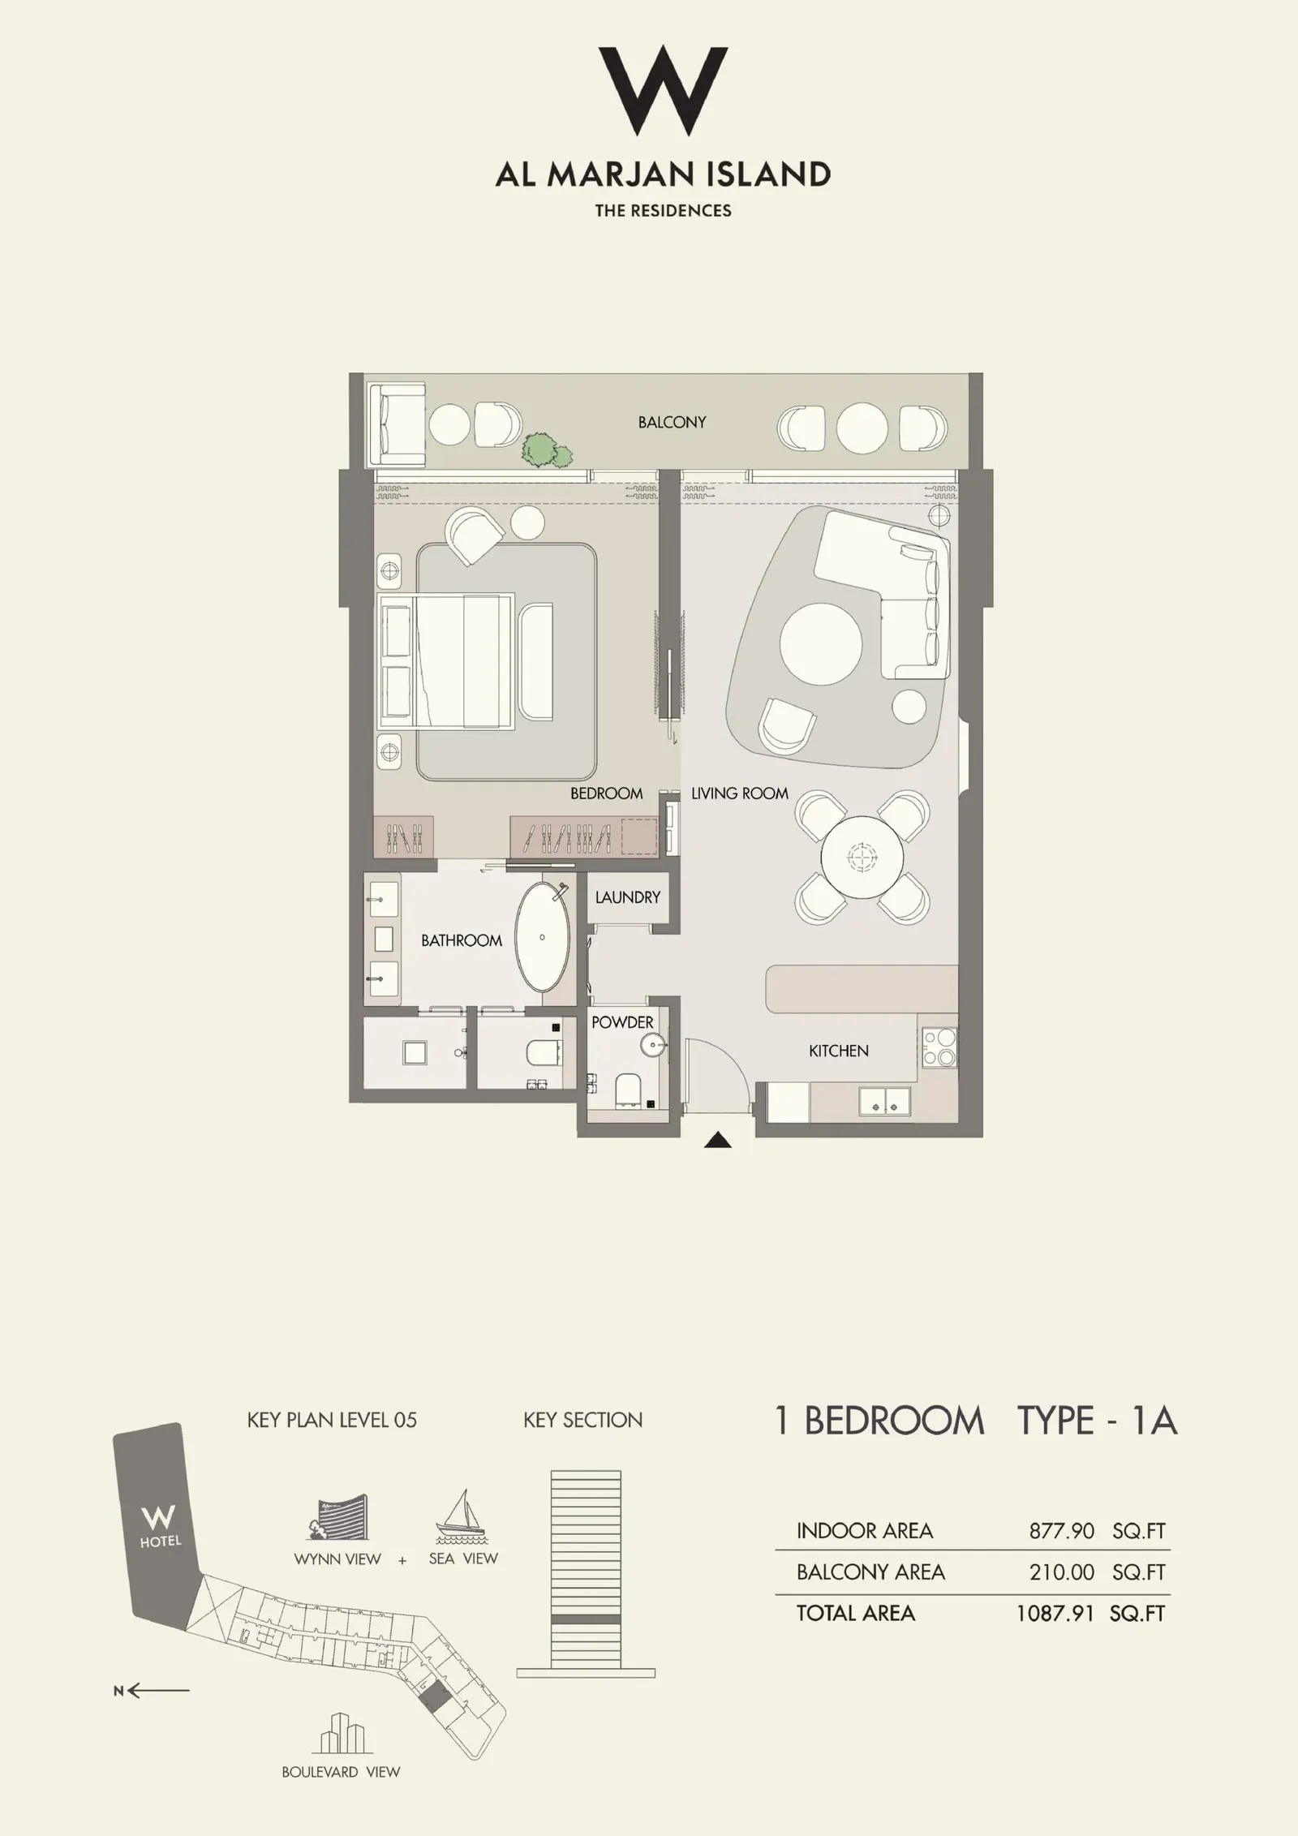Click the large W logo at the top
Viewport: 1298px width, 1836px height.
pos(663,91)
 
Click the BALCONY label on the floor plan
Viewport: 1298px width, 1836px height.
pos(671,422)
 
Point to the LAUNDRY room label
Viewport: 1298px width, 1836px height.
pos(627,897)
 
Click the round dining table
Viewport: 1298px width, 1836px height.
pos(862,854)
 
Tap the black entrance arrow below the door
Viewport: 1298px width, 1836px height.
pos(718,1142)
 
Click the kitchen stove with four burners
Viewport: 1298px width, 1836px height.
pos(939,1047)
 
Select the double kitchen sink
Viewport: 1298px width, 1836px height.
pos(883,1101)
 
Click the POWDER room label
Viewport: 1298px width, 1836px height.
pos(621,1022)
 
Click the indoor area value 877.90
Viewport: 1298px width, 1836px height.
pos(1061,1532)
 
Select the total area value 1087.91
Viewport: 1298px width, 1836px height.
pos(1055,1614)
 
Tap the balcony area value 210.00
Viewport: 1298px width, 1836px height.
pos(1061,1572)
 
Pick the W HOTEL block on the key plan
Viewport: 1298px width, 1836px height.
pos(158,1524)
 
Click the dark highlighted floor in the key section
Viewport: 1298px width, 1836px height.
pos(586,1619)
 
